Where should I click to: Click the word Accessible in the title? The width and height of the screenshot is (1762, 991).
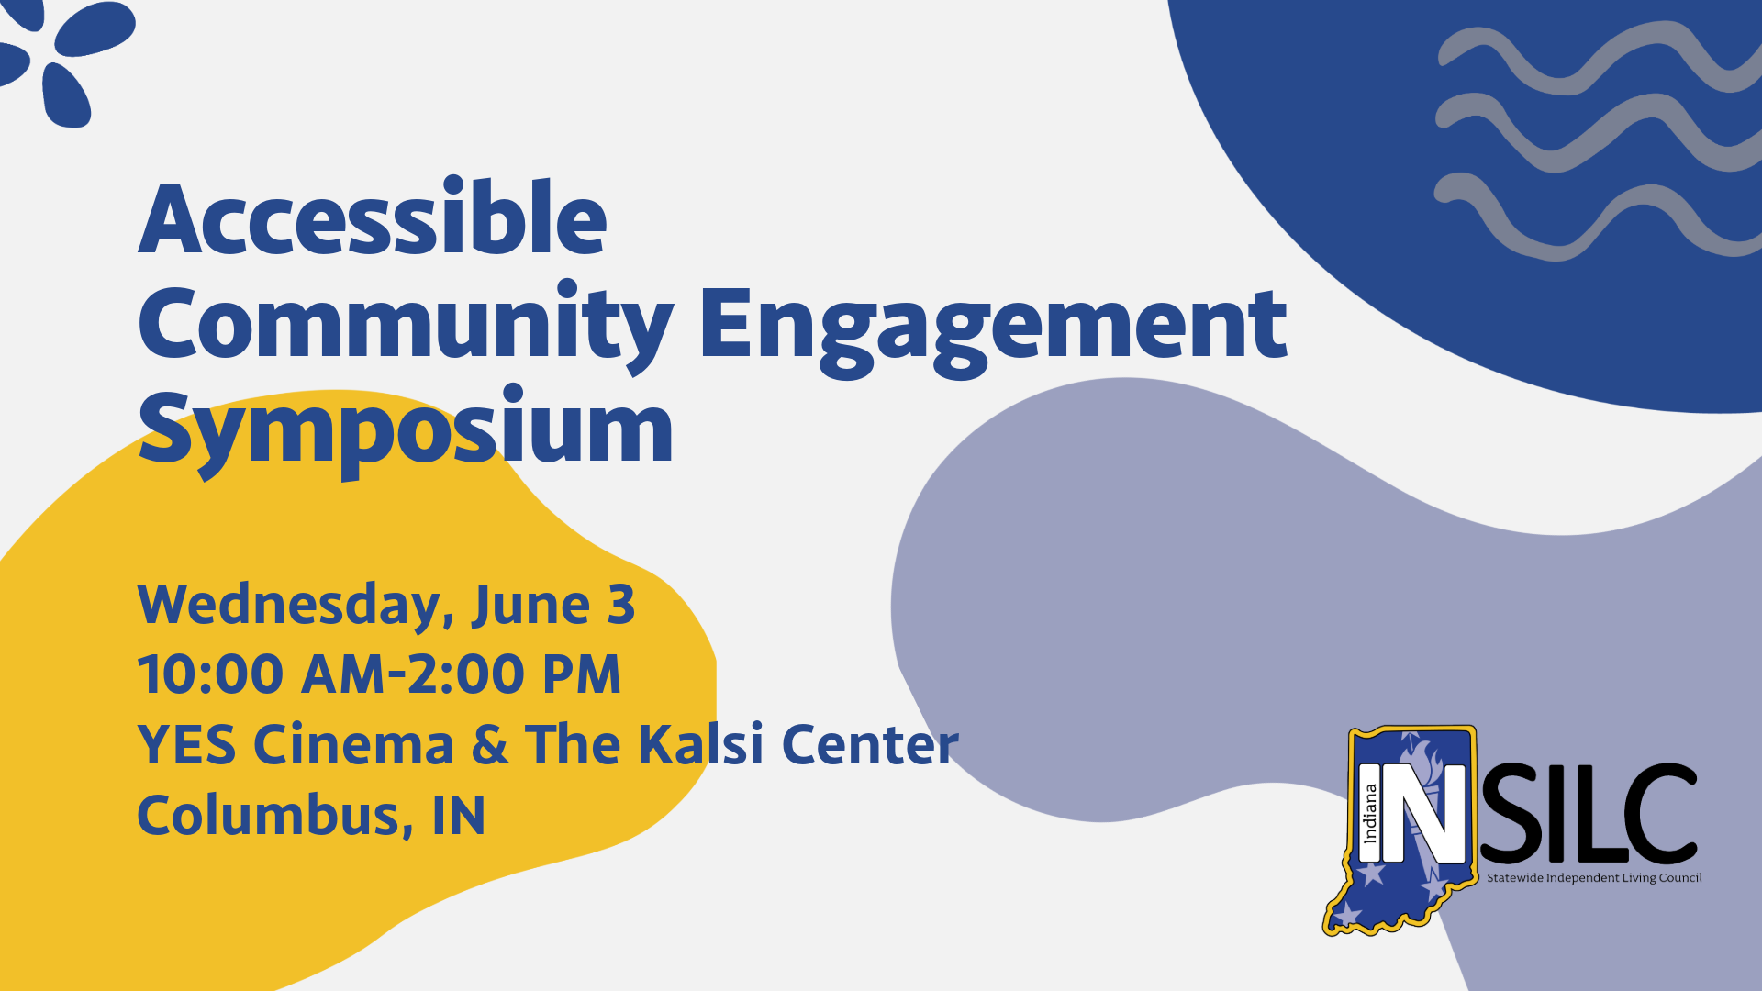tap(373, 220)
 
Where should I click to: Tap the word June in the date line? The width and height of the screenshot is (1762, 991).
tap(530, 606)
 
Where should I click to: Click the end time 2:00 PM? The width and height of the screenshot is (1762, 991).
tap(514, 675)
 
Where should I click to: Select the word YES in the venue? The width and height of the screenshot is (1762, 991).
tap(186, 744)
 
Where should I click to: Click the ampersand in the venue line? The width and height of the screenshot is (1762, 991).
tap(489, 744)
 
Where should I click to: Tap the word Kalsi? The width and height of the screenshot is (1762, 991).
tap(700, 744)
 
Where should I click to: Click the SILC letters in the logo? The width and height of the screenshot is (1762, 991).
tap(1588, 814)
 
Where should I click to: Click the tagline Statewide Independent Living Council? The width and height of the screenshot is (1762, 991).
tap(1594, 878)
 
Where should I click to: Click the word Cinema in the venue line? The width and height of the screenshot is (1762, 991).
tap(353, 744)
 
